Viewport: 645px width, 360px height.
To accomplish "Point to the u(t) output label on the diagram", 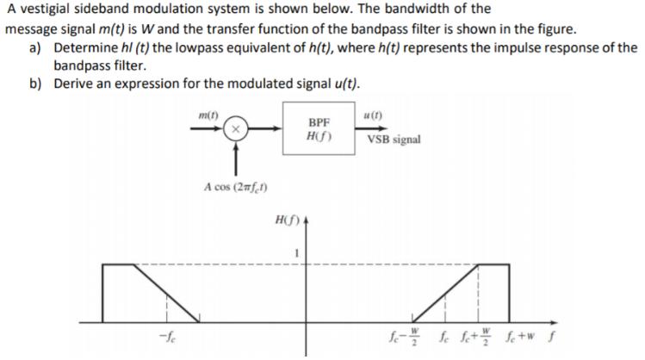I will (x=374, y=115).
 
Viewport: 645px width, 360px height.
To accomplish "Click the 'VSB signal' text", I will (x=394, y=139).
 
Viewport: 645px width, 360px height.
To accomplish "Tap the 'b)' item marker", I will (x=36, y=84).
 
